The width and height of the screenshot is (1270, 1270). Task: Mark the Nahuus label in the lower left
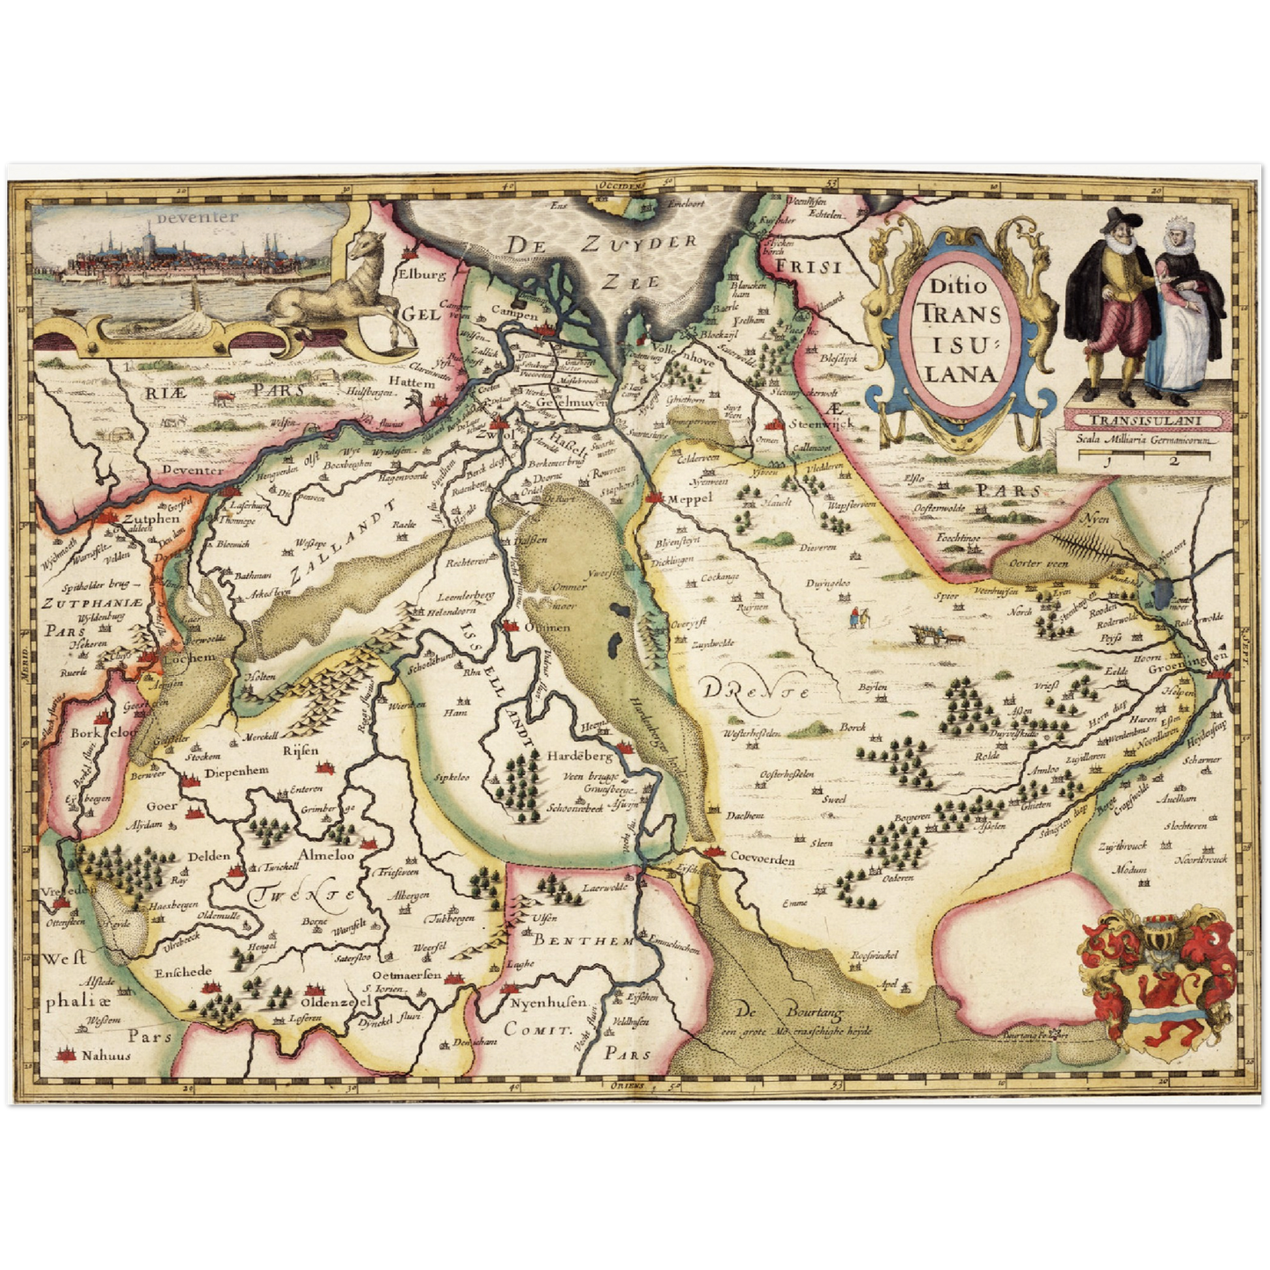(105, 1056)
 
